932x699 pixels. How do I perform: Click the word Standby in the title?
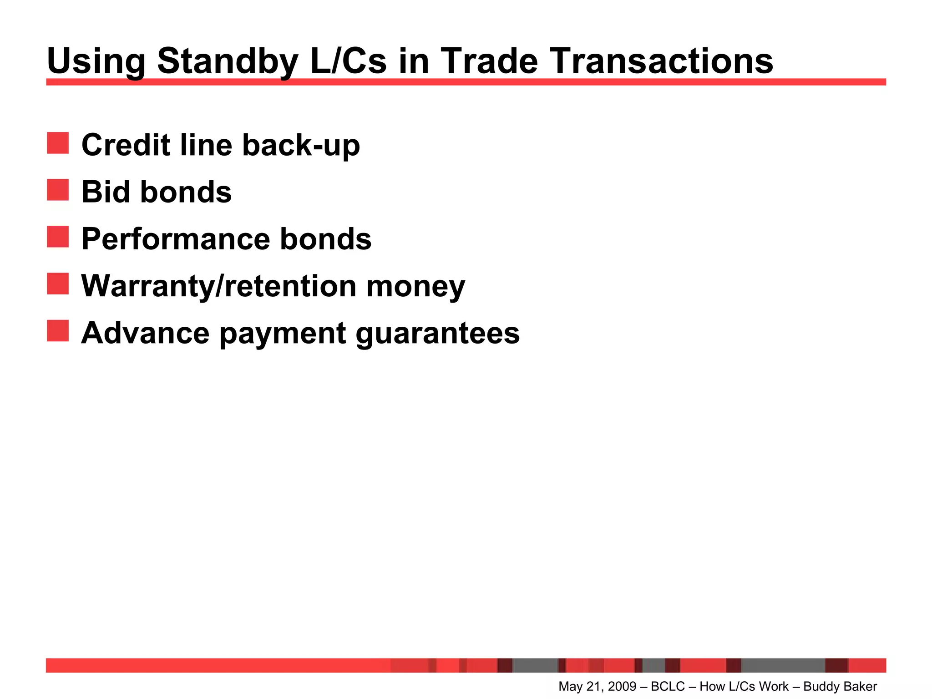click(x=228, y=61)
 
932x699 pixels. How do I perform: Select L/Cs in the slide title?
click(x=348, y=61)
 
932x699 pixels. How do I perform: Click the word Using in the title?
click(x=96, y=61)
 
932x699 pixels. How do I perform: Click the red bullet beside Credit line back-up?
click(x=58, y=143)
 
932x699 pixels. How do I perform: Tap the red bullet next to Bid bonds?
click(x=58, y=190)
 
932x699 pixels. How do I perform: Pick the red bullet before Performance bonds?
click(x=58, y=237)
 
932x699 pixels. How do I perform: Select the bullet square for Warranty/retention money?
click(x=58, y=284)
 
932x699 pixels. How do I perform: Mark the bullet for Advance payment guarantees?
click(x=58, y=330)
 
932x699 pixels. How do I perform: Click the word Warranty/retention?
click(x=219, y=286)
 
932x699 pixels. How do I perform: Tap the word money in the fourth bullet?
click(x=415, y=287)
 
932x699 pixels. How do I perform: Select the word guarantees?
click(x=437, y=334)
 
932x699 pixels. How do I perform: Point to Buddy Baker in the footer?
click(x=840, y=686)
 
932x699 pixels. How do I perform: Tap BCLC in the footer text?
click(x=668, y=686)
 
